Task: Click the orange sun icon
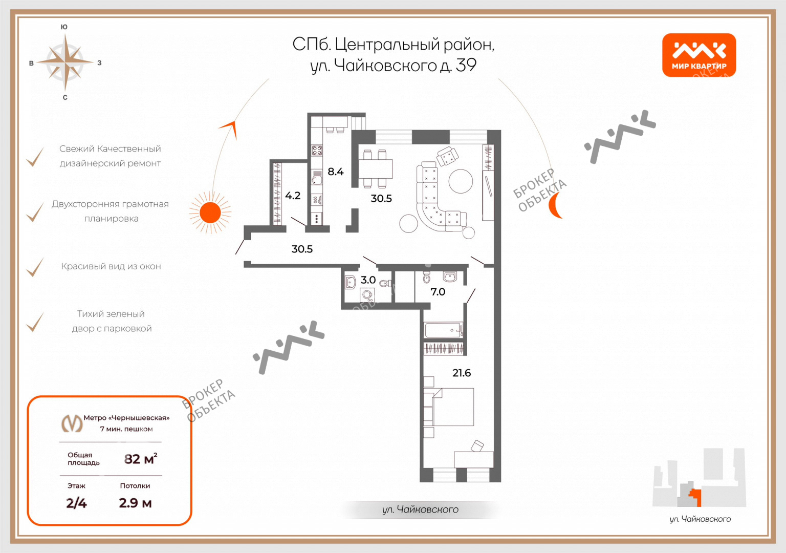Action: (x=210, y=212)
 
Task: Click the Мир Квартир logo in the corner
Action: (x=699, y=55)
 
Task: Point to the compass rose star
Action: (x=65, y=62)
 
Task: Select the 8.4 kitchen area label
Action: (x=336, y=172)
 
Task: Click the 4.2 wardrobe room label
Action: (x=293, y=196)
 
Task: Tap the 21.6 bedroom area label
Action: (x=462, y=373)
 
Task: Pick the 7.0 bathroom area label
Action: (x=438, y=292)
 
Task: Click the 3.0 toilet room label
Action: (x=368, y=280)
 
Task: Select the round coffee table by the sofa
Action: (x=461, y=181)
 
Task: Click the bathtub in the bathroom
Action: (x=444, y=330)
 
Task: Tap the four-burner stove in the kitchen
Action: (x=317, y=151)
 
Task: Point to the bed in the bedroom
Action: (x=449, y=407)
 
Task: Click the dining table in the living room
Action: (x=376, y=169)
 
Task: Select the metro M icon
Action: (x=72, y=423)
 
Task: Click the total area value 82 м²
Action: (x=141, y=459)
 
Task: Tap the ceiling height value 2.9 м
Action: (x=135, y=503)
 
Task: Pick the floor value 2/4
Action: (x=76, y=503)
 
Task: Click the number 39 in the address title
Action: (x=466, y=65)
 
